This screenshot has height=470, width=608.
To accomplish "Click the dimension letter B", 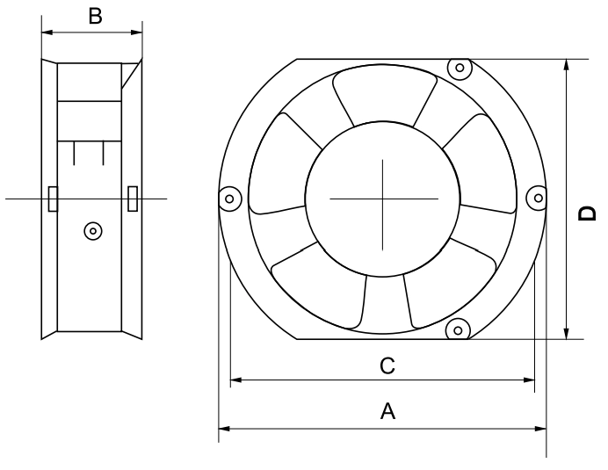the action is click(x=96, y=17).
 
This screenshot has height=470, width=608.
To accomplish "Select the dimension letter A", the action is click(x=387, y=411).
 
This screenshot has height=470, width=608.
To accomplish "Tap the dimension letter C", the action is click(x=387, y=365).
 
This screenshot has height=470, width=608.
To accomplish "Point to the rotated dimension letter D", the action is click(x=587, y=213).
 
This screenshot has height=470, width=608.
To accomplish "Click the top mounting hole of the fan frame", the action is click(x=460, y=68).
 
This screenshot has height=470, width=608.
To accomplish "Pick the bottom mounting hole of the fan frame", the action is click(x=458, y=330).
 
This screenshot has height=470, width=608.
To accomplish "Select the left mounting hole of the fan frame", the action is click(x=229, y=199).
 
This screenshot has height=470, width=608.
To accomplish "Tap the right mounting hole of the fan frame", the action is click(x=538, y=199).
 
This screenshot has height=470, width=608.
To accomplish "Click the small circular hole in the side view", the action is click(x=93, y=231).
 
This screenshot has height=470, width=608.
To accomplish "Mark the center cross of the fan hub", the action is click(x=383, y=199).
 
